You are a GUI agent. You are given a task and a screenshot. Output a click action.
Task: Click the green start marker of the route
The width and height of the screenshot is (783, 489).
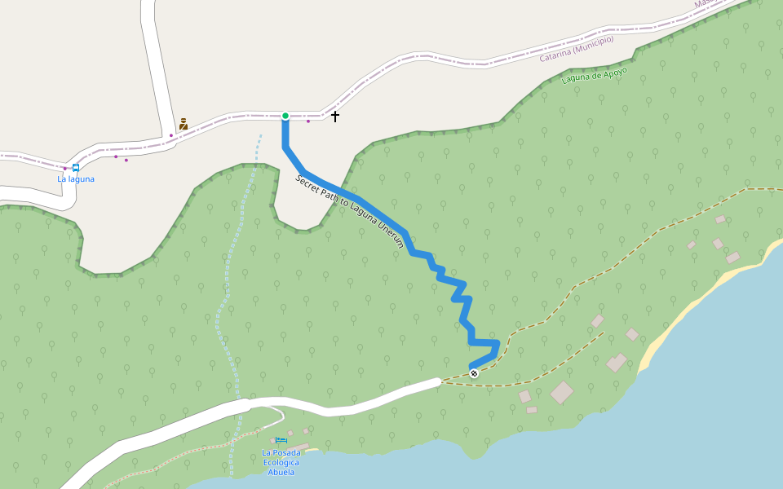point(285,116)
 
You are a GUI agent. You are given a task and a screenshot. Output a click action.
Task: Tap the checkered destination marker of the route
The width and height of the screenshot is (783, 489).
point(474,373)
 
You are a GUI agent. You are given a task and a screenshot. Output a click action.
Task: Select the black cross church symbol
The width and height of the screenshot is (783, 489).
point(335,117)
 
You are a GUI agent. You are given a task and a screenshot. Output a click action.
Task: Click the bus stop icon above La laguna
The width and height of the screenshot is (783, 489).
point(76,168)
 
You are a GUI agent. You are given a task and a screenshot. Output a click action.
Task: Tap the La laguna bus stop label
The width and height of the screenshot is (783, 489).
point(76,179)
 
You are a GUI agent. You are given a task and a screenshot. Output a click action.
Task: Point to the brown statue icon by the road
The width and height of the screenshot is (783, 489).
point(184,124)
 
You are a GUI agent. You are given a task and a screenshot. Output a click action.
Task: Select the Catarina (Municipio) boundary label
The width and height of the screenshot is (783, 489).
point(577,53)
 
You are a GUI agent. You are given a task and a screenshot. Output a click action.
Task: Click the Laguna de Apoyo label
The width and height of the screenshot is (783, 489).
point(595,76)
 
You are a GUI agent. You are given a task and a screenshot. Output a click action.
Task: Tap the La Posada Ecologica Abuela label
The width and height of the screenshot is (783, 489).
point(281,462)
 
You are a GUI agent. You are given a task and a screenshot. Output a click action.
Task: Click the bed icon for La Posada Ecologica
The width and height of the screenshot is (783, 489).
point(281,442)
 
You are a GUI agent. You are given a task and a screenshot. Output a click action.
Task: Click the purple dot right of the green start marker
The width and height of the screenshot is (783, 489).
point(308,121)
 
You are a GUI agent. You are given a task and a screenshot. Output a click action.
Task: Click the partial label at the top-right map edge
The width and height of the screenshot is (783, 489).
point(703,4)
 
